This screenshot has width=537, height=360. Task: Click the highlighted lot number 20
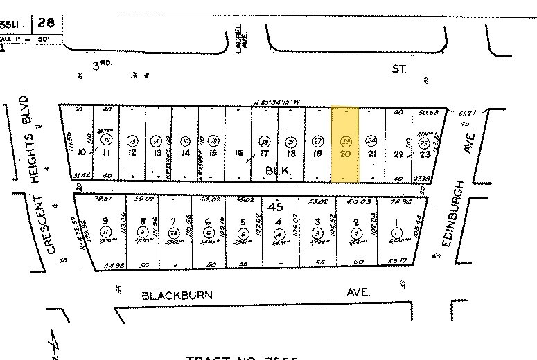[345, 153]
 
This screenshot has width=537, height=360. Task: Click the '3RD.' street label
[103, 66]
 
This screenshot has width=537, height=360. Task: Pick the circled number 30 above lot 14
[184, 141]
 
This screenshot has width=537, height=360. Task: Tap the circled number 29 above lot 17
[263, 141]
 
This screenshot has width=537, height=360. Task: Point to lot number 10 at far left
[82, 152]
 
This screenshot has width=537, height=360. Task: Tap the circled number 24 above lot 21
[371, 141]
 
